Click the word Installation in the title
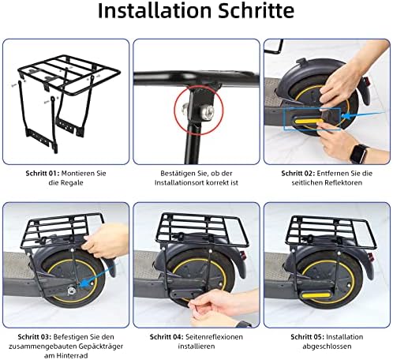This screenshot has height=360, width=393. click(148, 14)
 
